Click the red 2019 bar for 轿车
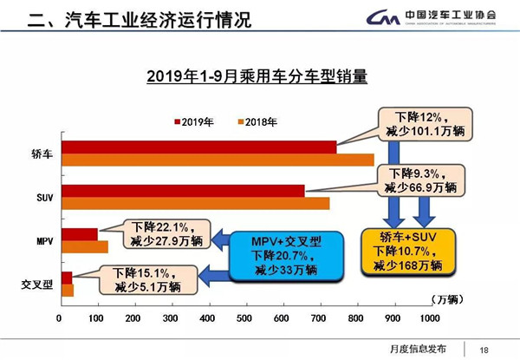click(x=199, y=147)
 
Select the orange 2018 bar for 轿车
click(x=217, y=159)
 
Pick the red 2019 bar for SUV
click(x=182, y=191)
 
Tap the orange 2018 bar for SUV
click(x=195, y=203)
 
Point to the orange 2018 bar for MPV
click(x=85, y=246)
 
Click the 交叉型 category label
click(x=34, y=285)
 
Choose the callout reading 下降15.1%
click(x=146, y=278)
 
